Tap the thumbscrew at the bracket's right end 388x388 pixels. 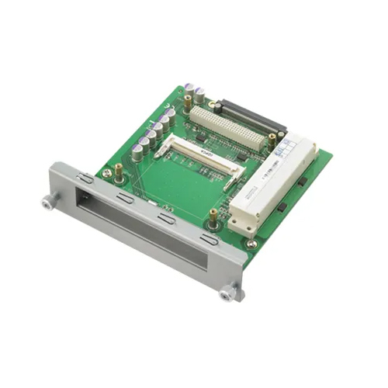click(227, 293)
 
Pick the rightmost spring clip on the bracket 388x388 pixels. click(209, 240)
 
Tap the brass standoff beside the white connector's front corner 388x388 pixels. click(213, 216)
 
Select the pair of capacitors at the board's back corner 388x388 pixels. click(194, 94)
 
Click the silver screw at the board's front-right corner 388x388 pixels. click(252, 244)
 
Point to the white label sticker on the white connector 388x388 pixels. click(298, 147)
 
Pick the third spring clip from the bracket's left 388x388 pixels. click(165, 219)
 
